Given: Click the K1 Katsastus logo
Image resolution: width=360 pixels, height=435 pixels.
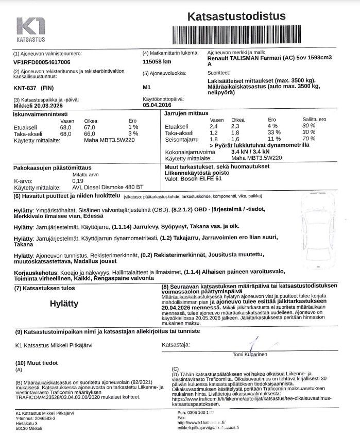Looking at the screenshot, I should point(31,29).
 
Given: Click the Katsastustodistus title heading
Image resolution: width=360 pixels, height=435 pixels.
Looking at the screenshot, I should point(236,16).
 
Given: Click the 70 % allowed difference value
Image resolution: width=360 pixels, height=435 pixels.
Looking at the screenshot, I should point(309,139).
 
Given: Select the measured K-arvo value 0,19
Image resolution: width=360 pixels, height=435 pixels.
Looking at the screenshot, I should point(78,181).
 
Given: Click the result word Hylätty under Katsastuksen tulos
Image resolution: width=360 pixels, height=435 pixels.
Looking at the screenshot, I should point(64,303).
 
